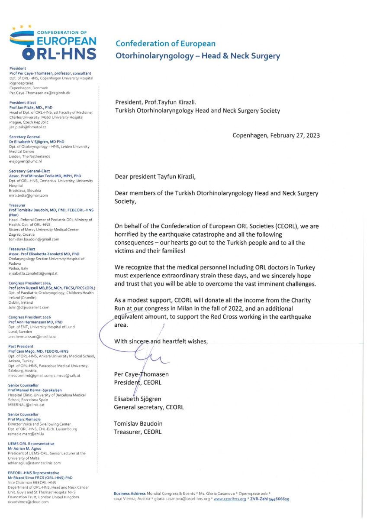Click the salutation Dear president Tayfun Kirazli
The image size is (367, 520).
[x=161, y=177]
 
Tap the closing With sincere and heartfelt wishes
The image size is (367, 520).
[x=161, y=341]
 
